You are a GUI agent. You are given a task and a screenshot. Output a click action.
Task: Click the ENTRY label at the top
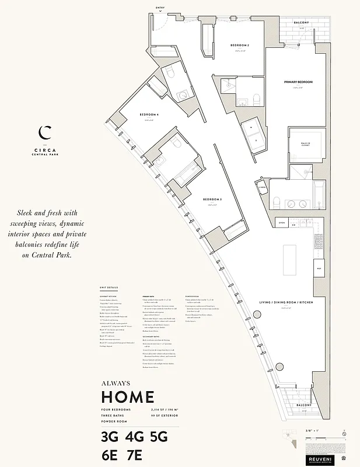click(x=160, y=8)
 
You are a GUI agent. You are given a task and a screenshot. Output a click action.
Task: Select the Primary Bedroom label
click(x=298, y=82)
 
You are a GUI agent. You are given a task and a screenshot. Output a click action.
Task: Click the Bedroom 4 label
click(x=149, y=114)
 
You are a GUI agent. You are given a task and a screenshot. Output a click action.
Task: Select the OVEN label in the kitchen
click(x=281, y=222)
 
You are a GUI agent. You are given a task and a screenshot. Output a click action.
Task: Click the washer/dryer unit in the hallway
click(x=254, y=133)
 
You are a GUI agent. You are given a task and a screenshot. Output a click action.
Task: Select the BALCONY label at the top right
click(x=301, y=22)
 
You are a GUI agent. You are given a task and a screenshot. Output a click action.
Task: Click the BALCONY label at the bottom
click(x=302, y=405)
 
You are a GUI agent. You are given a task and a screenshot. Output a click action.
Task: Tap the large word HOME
click(x=128, y=397)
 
